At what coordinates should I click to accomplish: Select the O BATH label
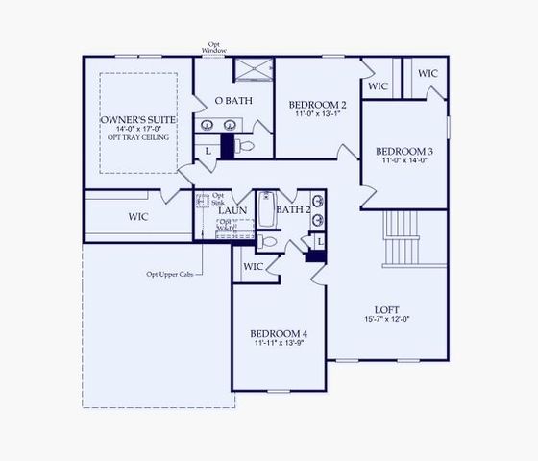pyautogui.click(x=232, y=101)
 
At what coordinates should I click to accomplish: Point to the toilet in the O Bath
pyautogui.click(x=244, y=146)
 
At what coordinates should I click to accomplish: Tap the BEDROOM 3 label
pyautogui.click(x=403, y=151)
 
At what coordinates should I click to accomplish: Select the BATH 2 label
pyautogui.click(x=292, y=209)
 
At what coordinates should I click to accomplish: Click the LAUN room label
pyautogui.click(x=232, y=209)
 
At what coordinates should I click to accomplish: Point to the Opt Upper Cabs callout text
pyautogui.click(x=170, y=274)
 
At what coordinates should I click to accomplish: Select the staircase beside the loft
pyautogui.click(x=402, y=238)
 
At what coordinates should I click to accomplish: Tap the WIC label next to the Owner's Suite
pyautogui.click(x=138, y=217)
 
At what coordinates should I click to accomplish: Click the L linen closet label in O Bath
pyautogui.click(x=208, y=151)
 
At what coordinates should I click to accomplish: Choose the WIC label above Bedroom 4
pyautogui.click(x=254, y=266)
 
